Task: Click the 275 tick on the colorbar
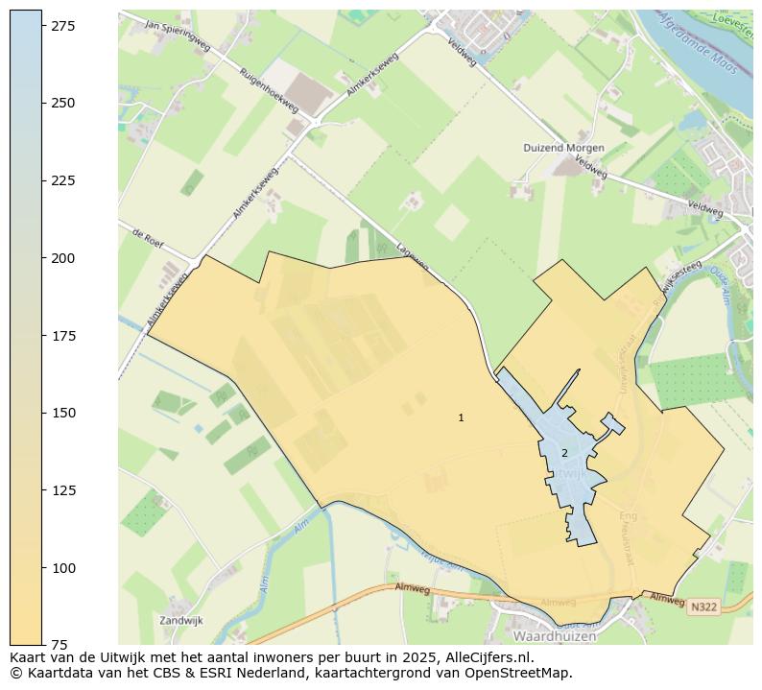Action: tap(63, 25)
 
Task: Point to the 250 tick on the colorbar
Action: tap(63, 103)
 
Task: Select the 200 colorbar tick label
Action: tap(63, 258)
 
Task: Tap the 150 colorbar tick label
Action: tap(63, 413)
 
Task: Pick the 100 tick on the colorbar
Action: tap(63, 568)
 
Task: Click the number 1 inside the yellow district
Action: tap(461, 417)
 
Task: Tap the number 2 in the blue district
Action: tap(564, 453)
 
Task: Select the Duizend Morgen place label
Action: tap(563, 148)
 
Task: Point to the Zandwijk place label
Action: tap(181, 621)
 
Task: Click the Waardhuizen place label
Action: tap(556, 636)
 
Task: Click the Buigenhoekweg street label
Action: tap(268, 90)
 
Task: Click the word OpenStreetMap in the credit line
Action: tap(519, 673)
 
